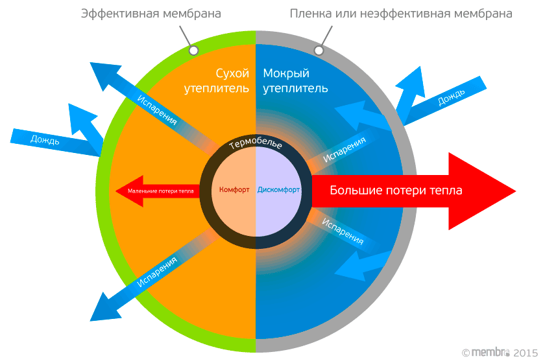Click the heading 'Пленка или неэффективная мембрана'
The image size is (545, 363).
click(401, 14)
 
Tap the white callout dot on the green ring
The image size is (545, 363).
click(193, 50)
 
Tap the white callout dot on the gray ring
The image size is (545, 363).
click(319, 50)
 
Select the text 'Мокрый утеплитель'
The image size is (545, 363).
click(295, 80)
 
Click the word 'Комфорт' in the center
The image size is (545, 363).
click(235, 191)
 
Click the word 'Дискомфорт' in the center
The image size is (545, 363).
click(278, 191)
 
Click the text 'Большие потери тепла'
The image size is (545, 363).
click(396, 191)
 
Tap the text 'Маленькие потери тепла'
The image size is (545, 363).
click(160, 191)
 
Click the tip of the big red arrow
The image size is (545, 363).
click(514, 191)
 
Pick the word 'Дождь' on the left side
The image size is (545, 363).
click(45, 139)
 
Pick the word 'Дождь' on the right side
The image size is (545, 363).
click(451, 98)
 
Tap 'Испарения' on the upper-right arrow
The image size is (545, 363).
click(345, 149)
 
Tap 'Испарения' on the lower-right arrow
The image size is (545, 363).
click(343, 230)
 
